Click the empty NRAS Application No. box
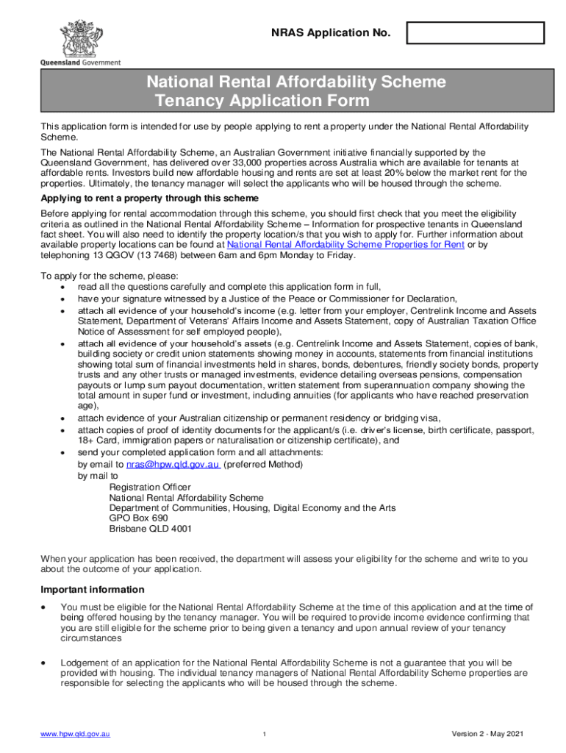point(476,33)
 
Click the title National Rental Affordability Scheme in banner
point(296,82)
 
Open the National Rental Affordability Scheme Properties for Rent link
point(345,245)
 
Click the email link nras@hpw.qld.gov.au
point(173,465)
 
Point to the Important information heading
point(92,590)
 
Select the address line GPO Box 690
point(133,518)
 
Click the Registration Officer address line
point(150,487)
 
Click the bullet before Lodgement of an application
point(45,663)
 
